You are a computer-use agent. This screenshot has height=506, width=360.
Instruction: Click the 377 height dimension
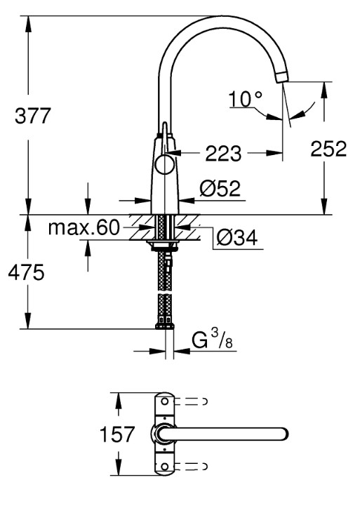[32, 116]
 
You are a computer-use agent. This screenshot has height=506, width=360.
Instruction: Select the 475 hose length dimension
[26, 273]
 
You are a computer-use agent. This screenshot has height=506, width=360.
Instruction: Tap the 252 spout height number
[328, 149]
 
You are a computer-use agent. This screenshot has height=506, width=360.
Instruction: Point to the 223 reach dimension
[223, 153]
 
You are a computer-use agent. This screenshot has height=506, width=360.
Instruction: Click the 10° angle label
[245, 99]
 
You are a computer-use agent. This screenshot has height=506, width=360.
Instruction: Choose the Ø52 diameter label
[220, 189]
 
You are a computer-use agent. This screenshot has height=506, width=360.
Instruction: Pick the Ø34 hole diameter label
[237, 238]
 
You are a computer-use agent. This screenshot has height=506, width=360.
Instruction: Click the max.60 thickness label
[84, 227]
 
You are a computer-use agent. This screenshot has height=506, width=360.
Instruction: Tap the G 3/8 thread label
[212, 340]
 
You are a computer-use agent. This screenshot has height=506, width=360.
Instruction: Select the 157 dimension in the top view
[116, 434]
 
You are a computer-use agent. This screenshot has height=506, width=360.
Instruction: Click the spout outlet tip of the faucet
[282, 77]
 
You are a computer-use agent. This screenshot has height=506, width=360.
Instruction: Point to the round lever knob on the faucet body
[164, 165]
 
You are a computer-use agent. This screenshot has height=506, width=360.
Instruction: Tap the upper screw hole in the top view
[164, 401]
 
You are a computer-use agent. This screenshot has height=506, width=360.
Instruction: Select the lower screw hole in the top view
[164, 467]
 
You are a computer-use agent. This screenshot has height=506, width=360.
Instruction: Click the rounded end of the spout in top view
[284, 434]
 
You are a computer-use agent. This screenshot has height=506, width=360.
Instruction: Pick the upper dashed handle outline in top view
[191, 401]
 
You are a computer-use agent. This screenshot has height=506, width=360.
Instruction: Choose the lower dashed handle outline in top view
[191, 467]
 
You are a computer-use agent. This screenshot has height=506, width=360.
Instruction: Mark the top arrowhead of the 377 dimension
[28, 24]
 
